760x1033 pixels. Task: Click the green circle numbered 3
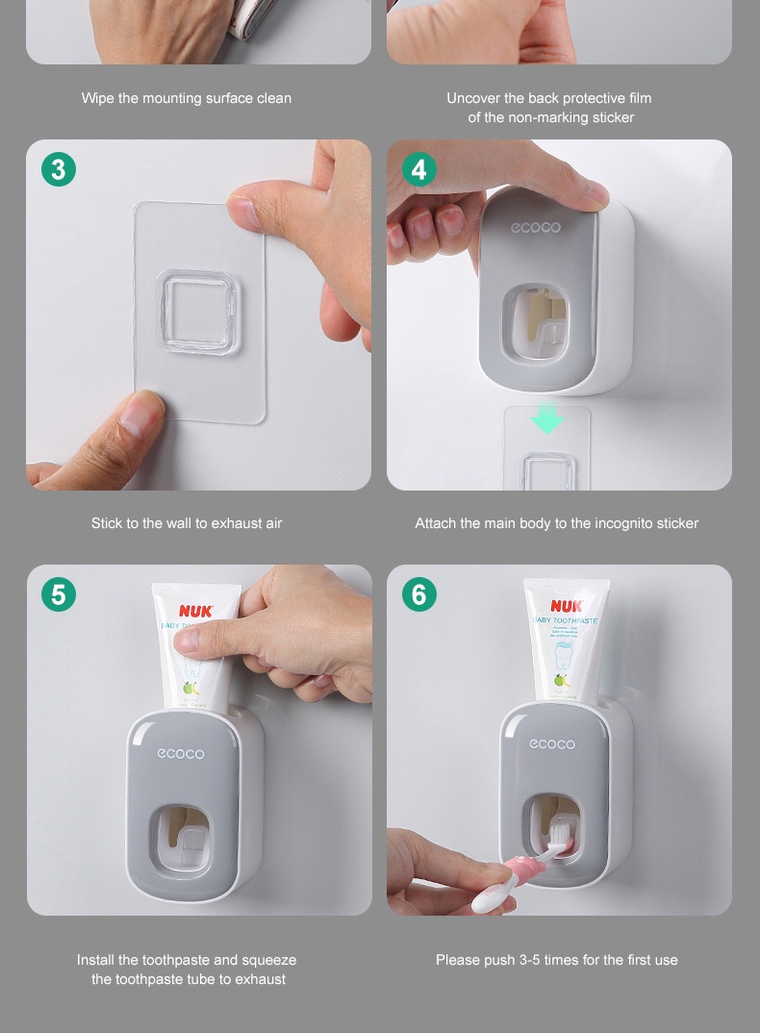(x=59, y=169)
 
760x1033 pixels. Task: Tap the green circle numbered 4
(x=418, y=169)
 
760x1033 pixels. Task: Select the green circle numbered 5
(x=59, y=594)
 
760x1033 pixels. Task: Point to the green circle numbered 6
(x=418, y=594)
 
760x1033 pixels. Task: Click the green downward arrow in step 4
(x=547, y=419)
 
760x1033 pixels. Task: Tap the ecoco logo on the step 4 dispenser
(x=536, y=227)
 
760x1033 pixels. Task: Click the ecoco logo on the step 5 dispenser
(x=181, y=753)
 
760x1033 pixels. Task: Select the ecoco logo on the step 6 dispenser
(x=552, y=743)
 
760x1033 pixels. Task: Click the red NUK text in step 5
(x=195, y=611)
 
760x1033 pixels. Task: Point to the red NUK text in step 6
(x=567, y=606)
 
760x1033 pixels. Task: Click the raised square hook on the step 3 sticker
(x=196, y=312)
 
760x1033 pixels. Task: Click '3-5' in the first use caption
(x=529, y=960)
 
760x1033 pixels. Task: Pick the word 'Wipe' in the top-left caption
(x=97, y=98)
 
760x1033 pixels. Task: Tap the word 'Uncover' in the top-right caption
(x=472, y=98)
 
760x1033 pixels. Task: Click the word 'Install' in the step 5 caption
(x=95, y=960)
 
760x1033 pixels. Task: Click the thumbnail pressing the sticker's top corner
(x=243, y=208)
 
